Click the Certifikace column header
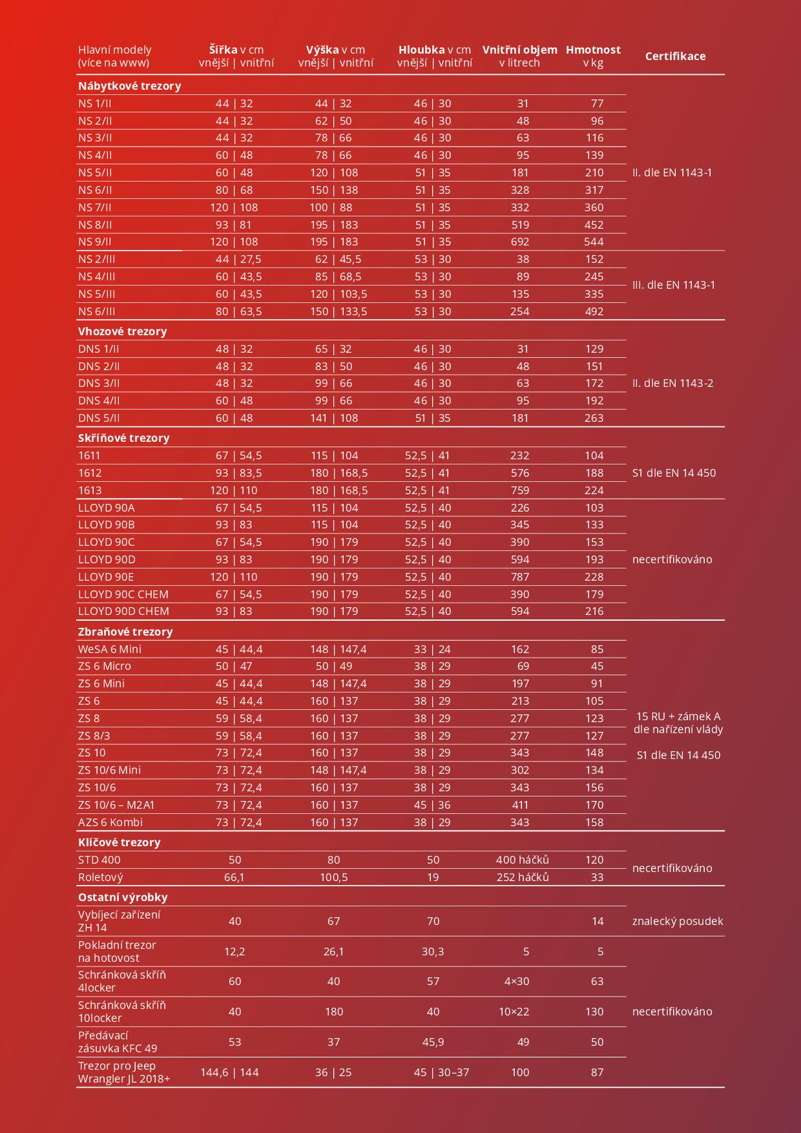(675, 56)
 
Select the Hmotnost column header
(593, 50)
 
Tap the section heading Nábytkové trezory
(129, 86)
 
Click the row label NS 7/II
(95, 207)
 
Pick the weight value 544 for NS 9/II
(593, 242)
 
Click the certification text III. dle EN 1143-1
(674, 285)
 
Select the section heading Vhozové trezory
(122, 331)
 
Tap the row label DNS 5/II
(99, 418)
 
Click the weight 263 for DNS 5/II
(593, 418)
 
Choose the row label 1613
(90, 490)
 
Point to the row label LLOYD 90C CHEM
(123, 594)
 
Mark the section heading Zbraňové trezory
(125, 632)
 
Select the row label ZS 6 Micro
(105, 666)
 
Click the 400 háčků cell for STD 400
(522, 860)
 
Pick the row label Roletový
(100, 877)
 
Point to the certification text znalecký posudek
(678, 921)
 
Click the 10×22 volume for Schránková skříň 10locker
(514, 1012)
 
